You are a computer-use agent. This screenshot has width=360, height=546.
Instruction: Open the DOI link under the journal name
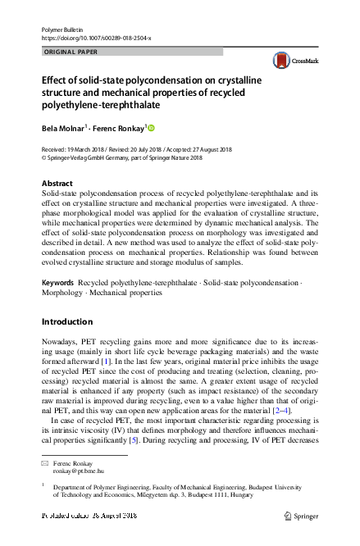click(94, 38)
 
